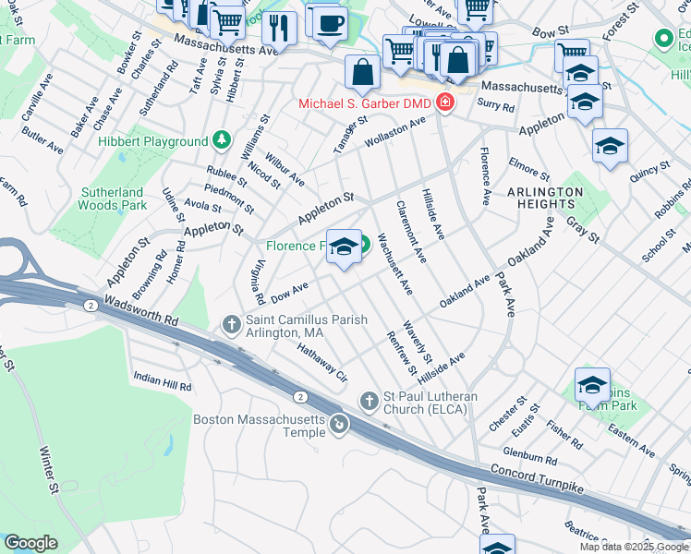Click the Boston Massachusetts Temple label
click(261, 419)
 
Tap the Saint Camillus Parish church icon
click(232, 324)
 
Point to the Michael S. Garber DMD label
click(366, 102)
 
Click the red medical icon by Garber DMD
click(445, 102)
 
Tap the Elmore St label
click(528, 172)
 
